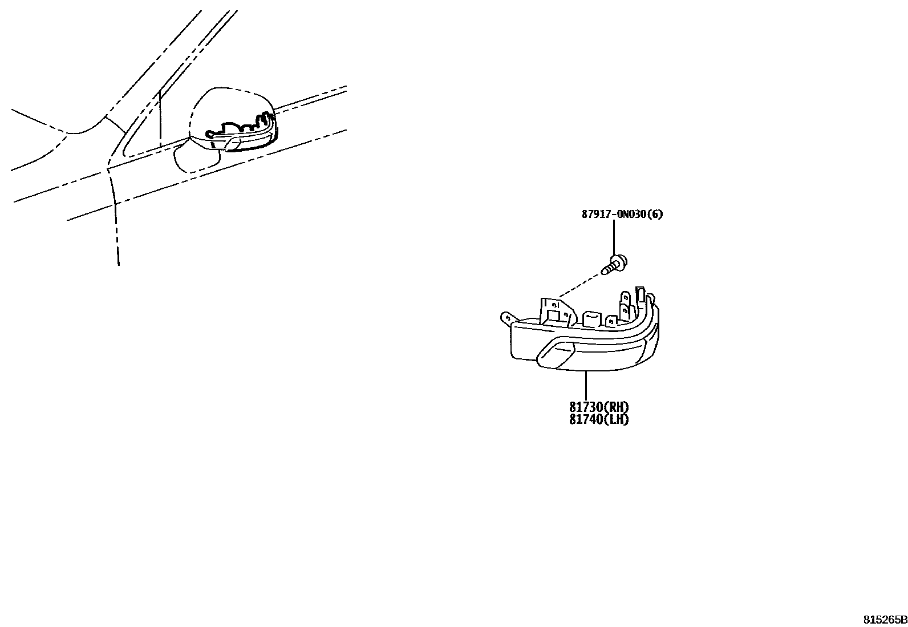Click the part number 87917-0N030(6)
click(x=622, y=215)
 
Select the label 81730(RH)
click(x=599, y=407)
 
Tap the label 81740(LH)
click(x=599, y=419)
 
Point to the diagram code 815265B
click(x=885, y=620)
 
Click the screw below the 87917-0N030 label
click(x=615, y=264)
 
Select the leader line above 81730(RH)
click(x=586, y=385)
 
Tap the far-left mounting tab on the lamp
click(x=505, y=317)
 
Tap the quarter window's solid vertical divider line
click(x=160, y=117)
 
